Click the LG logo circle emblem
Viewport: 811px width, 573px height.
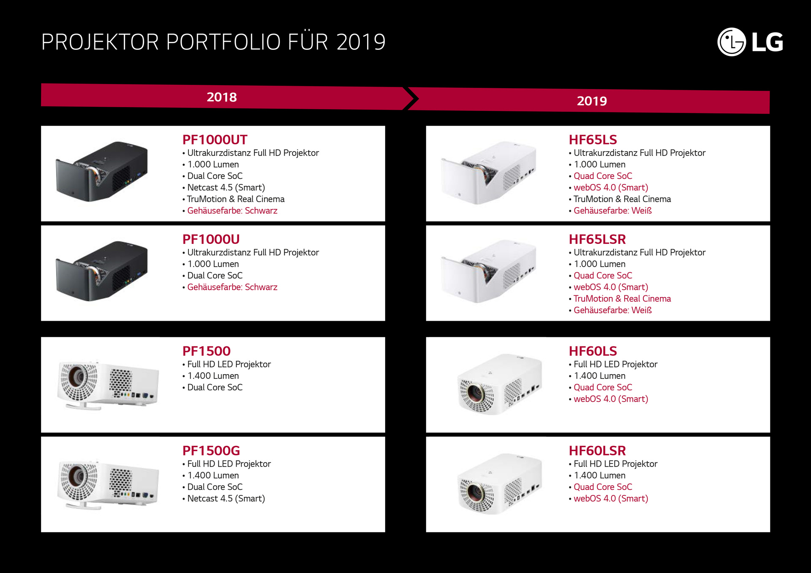732,42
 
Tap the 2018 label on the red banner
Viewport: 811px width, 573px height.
222,97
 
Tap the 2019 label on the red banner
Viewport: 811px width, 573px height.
592,101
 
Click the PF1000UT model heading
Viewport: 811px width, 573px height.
215,140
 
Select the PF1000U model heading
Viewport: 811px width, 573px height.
211,239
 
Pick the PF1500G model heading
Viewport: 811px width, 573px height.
211,451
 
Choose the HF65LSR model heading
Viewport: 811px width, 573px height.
597,239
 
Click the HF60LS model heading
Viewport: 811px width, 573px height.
593,351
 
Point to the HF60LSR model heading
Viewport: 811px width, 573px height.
597,451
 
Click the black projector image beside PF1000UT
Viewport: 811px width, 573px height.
102,171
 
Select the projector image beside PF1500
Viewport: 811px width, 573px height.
108,385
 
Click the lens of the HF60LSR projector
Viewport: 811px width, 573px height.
476,492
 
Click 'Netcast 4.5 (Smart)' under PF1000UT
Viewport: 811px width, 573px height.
226,187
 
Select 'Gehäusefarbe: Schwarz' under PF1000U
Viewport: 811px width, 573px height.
232,287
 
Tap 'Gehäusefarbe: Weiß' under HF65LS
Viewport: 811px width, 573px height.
612,211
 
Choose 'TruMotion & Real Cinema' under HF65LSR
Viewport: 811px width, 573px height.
622,299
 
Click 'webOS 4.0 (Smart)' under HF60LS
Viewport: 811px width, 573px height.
611,399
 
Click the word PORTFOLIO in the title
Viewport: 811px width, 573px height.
223,42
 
